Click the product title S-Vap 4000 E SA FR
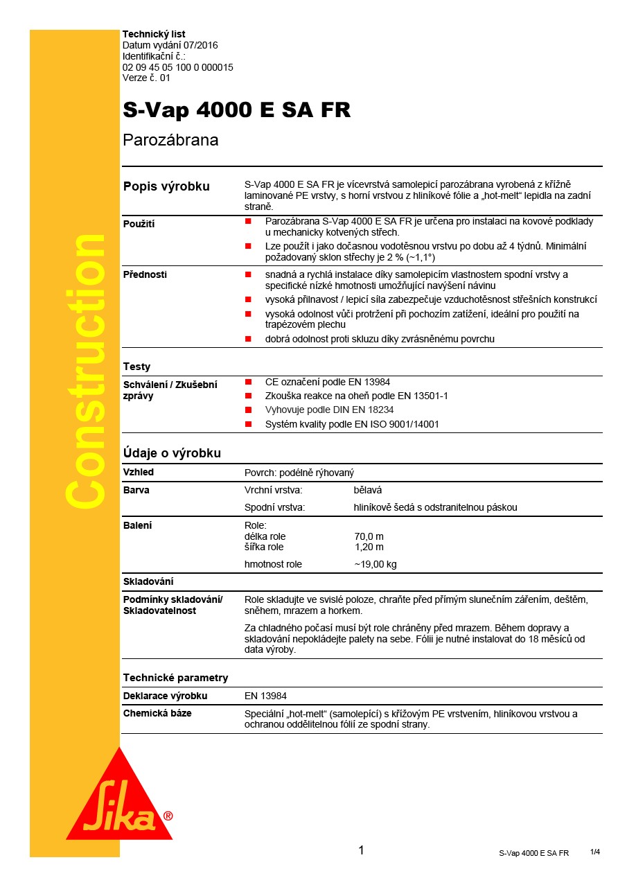(236, 110)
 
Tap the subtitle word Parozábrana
(170, 140)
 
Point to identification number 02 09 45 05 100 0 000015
(177, 67)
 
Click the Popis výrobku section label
(166, 186)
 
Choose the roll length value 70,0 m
(369, 536)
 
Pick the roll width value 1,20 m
(369, 547)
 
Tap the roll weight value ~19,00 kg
(375, 564)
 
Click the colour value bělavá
(368, 490)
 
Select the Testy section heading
(136, 367)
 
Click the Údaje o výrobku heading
(172, 453)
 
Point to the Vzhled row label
(139, 472)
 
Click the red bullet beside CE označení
(247, 382)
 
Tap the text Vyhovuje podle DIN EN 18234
(329, 410)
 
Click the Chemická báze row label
(157, 713)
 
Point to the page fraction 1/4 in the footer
(594, 852)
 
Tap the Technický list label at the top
(153, 34)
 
